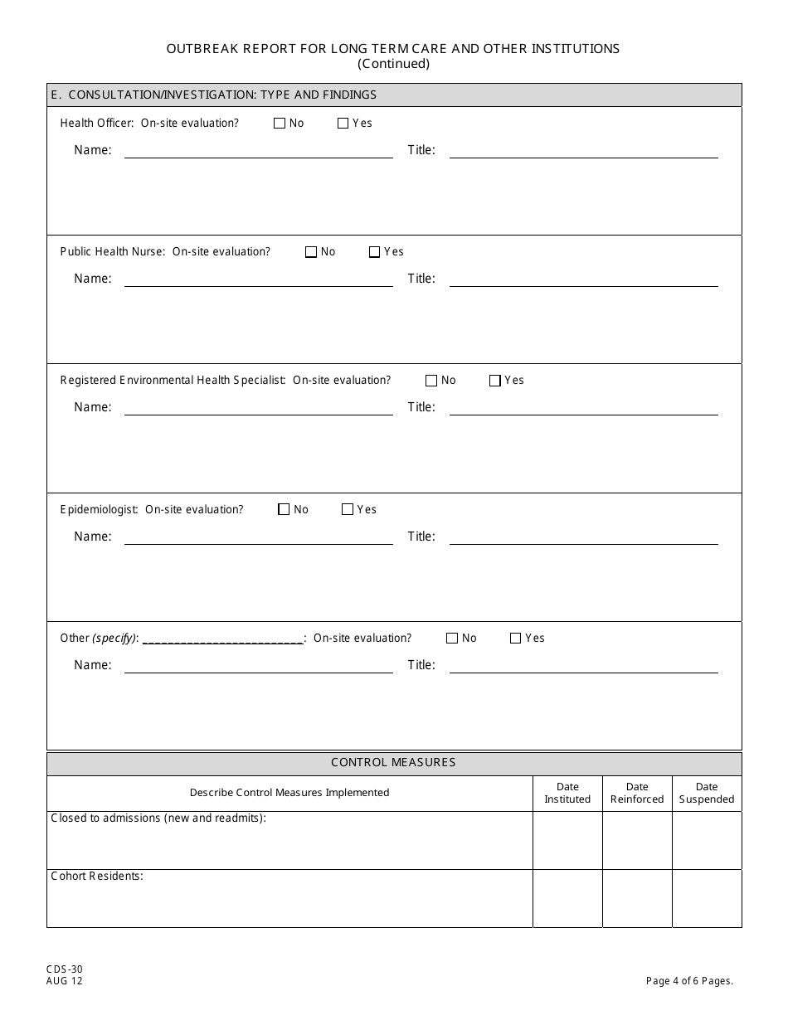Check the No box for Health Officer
(x=280, y=124)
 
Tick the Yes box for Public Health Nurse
(x=374, y=252)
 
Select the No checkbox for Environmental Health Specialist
(x=431, y=381)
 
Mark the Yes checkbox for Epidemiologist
(x=348, y=510)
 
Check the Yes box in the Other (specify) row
(x=515, y=639)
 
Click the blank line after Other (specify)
(x=223, y=639)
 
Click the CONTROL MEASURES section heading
(x=393, y=763)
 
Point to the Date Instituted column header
(x=567, y=793)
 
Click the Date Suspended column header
(x=707, y=793)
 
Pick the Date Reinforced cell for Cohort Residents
(x=637, y=898)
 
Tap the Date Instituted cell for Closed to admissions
(x=567, y=840)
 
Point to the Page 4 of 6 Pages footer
(x=689, y=981)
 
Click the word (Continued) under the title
(x=393, y=64)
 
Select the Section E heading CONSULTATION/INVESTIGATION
(x=214, y=95)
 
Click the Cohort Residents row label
(x=97, y=876)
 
